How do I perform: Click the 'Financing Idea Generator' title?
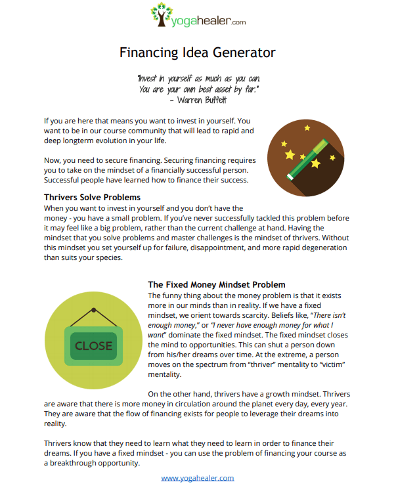pyautogui.click(x=198, y=52)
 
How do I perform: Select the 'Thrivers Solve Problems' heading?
pyautogui.click(x=92, y=197)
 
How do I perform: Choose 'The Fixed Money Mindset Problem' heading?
pyautogui.click(x=217, y=285)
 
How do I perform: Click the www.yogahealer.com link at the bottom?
pyautogui.click(x=198, y=477)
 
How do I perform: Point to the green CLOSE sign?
pyautogui.click(x=93, y=345)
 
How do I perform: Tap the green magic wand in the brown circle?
pyautogui.click(x=309, y=158)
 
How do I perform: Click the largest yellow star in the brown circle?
pyautogui.click(x=290, y=154)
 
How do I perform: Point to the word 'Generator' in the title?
pyautogui.click(x=241, y=52)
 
